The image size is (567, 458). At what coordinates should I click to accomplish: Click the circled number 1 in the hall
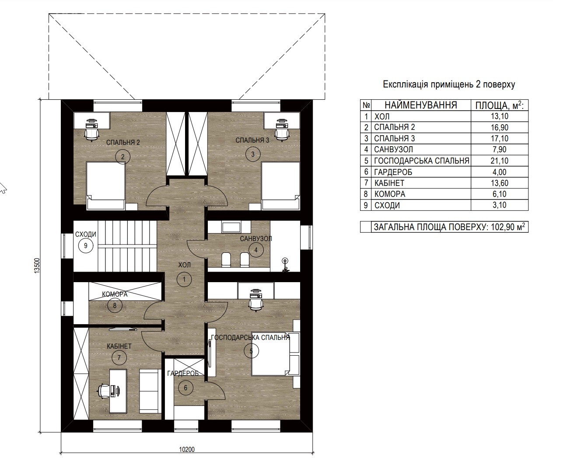(184, 279)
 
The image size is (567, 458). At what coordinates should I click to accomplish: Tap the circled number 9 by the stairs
(86, 245)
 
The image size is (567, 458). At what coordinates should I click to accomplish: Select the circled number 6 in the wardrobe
(185, 388)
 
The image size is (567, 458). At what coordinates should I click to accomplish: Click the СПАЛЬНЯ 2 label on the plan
(123, 142)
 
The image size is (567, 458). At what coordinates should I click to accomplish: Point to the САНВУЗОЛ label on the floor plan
(256, 239)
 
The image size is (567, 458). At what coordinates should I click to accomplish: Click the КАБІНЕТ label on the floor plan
(119, 346)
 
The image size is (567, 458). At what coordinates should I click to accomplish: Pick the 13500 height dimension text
(37, 265)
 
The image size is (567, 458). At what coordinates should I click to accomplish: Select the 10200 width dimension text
(187, 450)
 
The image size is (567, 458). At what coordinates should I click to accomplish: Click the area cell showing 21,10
(499, 161)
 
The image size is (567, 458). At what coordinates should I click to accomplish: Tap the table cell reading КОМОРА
(390, 194)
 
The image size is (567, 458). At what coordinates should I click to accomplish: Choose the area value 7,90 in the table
(499, 149)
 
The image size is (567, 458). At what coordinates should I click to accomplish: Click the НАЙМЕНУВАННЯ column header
(421, 105)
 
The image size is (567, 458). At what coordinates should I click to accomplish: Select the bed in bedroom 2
(106, 186)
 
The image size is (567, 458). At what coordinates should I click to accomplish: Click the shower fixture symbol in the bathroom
(285, 265)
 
